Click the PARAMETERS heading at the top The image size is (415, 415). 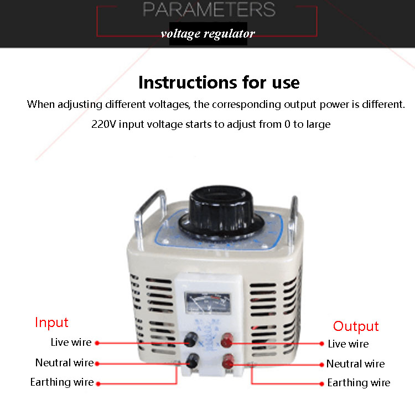(209, 9)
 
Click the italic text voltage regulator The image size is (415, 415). (208, 34)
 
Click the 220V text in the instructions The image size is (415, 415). (102, 124)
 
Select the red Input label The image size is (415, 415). (51, 323)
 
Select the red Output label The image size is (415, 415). (356, 326)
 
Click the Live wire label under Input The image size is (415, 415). (71, 343)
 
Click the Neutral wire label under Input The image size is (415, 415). (64, 363)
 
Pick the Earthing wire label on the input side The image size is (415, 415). (62, 382)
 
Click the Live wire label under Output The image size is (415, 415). (348, 344)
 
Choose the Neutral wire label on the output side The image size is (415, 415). (355, 364)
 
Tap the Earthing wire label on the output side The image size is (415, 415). (359, 382)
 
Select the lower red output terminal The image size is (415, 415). (227, 363)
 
